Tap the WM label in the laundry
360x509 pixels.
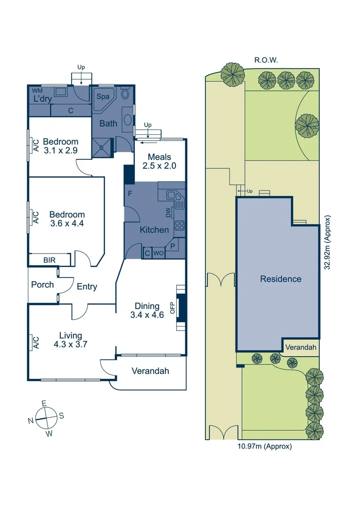point(36,90)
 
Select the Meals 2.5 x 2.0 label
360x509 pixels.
point(159,161)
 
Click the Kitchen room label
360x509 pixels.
point(154,230)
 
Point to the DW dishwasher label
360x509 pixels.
point(168,213)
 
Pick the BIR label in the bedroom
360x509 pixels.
point(49,260)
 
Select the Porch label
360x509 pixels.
point(42,285)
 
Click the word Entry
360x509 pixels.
point(87,287)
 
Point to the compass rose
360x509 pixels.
point(46,417)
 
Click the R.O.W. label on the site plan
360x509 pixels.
point(266,60)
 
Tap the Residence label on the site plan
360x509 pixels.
point(280,279)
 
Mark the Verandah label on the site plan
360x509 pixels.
point(300,348)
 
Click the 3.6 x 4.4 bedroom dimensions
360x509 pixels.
point(66,224)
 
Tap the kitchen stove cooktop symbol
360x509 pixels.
point(179,225)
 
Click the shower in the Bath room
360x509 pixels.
point(103,146)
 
